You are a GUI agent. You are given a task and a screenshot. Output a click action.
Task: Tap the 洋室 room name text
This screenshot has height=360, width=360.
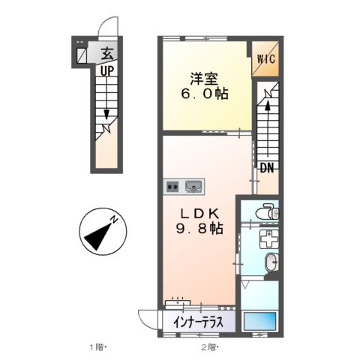click(203, 78)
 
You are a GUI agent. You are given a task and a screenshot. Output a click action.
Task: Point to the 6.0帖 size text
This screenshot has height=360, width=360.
click(203, 95)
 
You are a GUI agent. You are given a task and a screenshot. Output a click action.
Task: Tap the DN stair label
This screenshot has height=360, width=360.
click(266, 168)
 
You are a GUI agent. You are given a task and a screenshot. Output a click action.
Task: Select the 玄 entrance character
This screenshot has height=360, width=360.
click(107, 53)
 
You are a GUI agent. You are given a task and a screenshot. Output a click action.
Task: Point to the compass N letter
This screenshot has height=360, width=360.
click(115, 219)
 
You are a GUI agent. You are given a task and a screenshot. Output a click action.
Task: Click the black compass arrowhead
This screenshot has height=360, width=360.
click(95, 238)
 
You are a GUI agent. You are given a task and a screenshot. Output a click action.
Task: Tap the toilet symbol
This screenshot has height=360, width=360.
click(264, 213)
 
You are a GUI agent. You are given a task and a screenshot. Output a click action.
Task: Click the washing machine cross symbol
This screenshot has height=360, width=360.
click(266, 239)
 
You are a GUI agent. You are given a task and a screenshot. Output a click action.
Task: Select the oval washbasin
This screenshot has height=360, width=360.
click(272, 262)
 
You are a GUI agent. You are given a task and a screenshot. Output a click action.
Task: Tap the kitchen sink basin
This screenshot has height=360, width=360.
click(193, 184)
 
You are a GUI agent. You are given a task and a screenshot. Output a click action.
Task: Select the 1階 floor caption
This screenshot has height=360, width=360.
click(99, 346)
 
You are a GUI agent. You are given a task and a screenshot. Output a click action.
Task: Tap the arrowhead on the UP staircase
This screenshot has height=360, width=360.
click(106, 115)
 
